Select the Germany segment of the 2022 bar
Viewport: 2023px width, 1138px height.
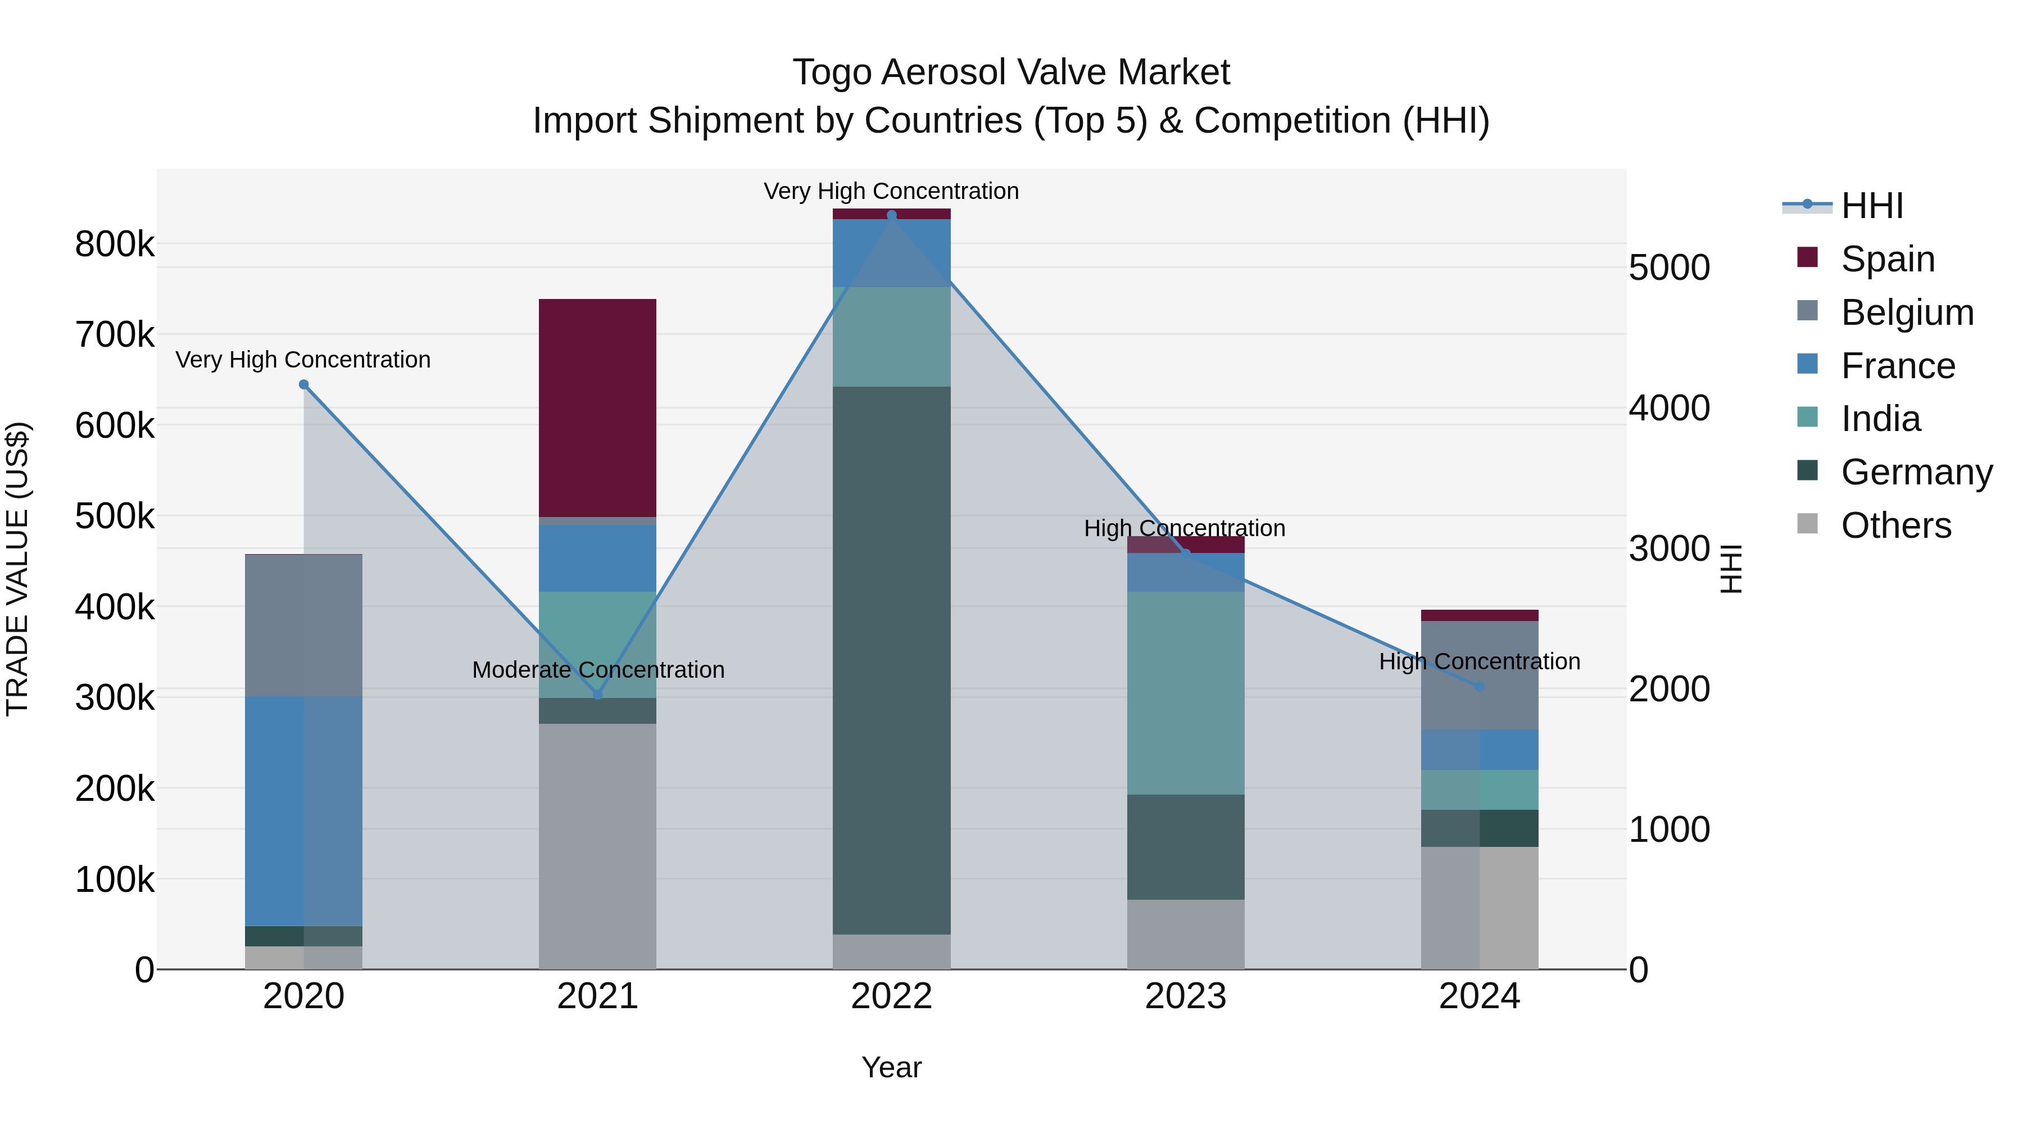click(x=891, y=660)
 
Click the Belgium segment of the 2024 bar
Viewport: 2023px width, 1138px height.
click(x=1479, y=675)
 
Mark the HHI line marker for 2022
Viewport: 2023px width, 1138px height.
click(x=891, y=215)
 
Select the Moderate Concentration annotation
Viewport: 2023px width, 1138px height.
click(x=598, y=670)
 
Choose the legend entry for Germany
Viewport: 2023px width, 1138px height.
click(x=1916, y=472)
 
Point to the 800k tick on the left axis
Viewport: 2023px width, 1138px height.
click(x=115, y=244)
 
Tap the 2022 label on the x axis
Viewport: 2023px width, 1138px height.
click(x=891, y=996)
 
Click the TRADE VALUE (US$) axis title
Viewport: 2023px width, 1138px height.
click(x=17, y=569)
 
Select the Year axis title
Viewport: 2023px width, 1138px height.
click(x=891, y=1067)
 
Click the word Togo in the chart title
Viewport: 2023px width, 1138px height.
click(x=832, y=72)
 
